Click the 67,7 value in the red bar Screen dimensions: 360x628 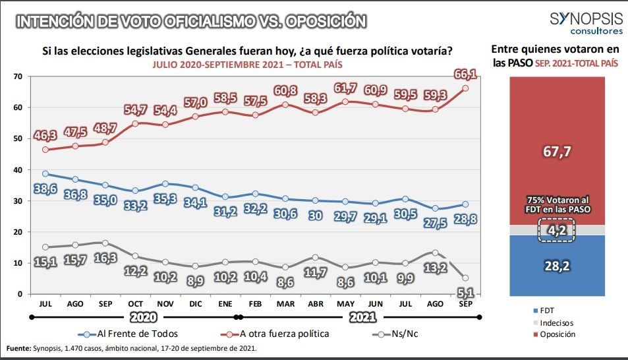[557, 152]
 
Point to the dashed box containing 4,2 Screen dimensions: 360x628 [557, 231]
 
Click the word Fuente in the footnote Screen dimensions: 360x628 [18, 348]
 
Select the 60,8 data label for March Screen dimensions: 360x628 [286, 90]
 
